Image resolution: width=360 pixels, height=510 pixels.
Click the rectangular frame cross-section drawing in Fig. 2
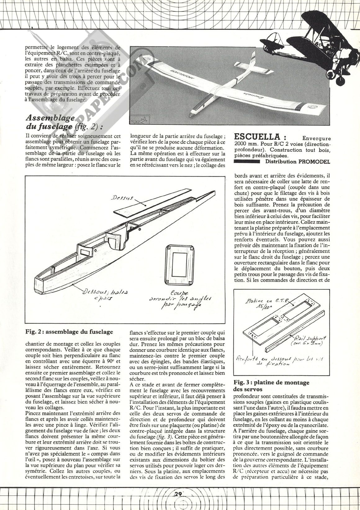pyautogui.click(x=180, y=260)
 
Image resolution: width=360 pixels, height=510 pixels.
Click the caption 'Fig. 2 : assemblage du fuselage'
pyautogui.click(x=69, y=332)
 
